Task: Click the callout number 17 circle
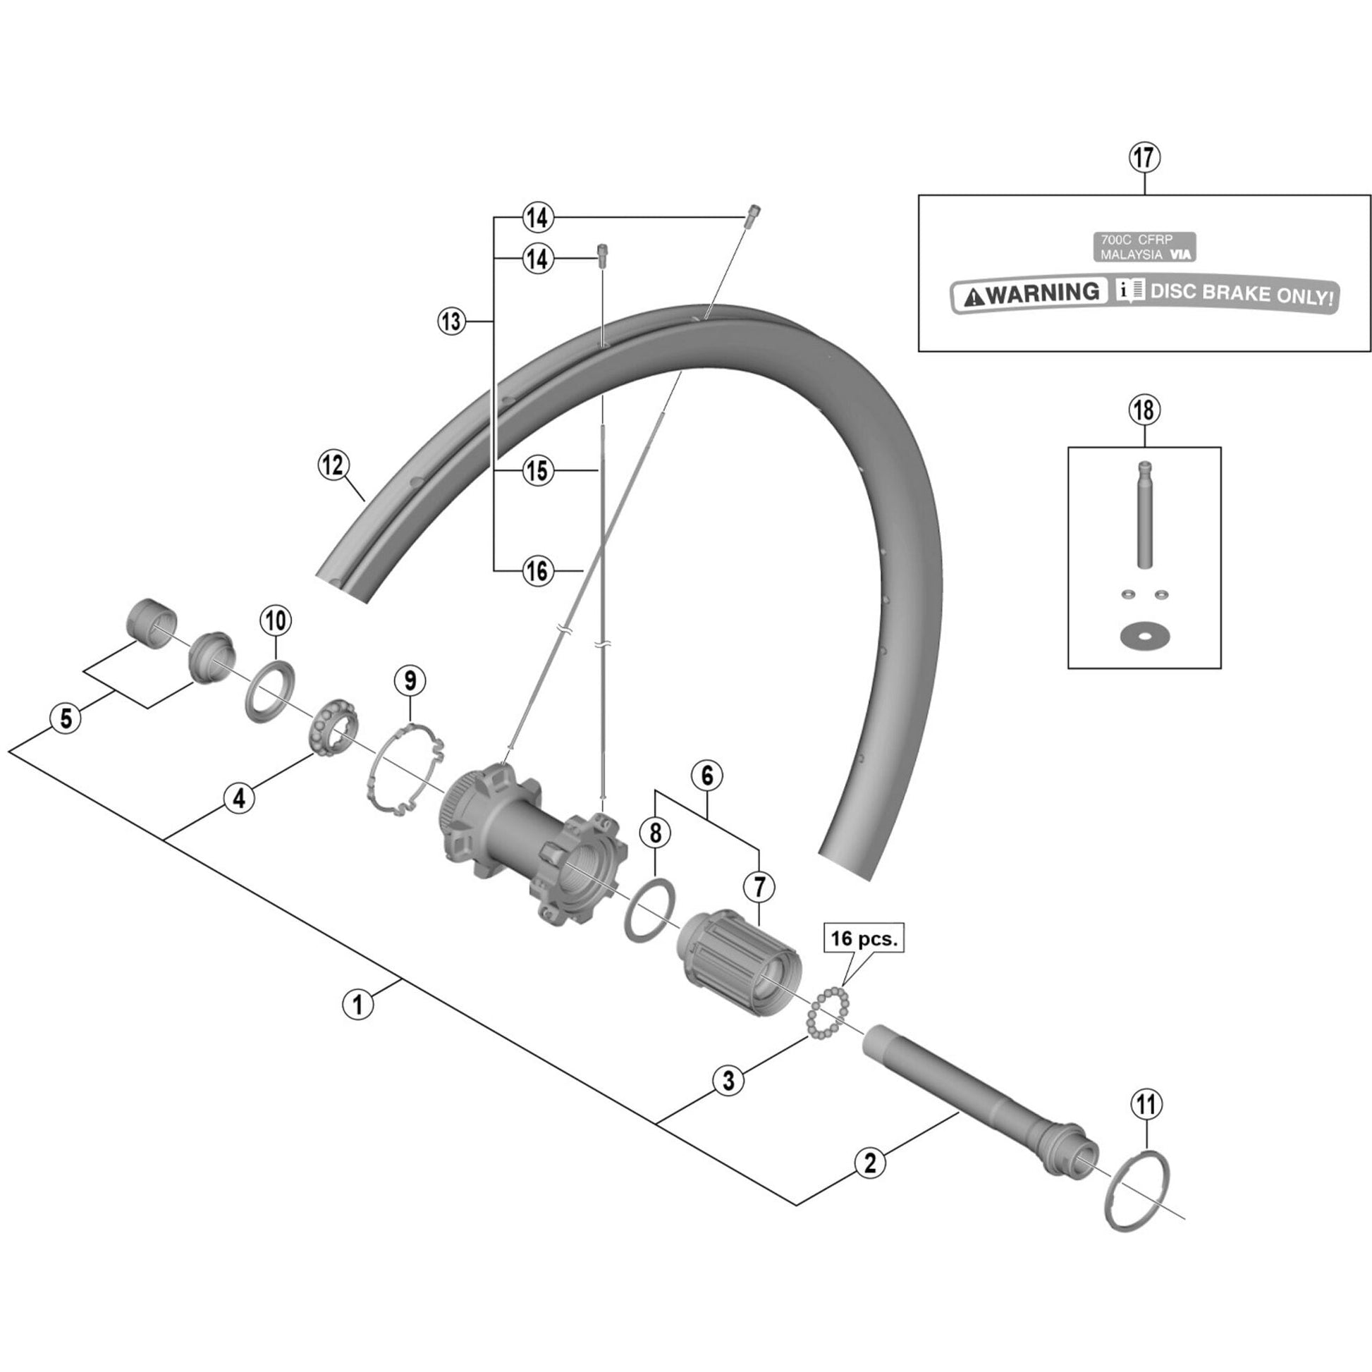[x=1145, y=158]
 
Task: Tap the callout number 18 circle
[x=1145, y=410]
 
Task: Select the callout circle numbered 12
[x=333, y=466]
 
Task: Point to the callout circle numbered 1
[x=358, y=1005]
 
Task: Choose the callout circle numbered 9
[x=410, y=680]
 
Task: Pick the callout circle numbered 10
[x=276, y=620]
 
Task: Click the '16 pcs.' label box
[x=864, y=938]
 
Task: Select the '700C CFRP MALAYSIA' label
[x=1143, y=247]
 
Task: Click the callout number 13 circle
[x=453, y=321]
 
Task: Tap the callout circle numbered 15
[x=537, y=470]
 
